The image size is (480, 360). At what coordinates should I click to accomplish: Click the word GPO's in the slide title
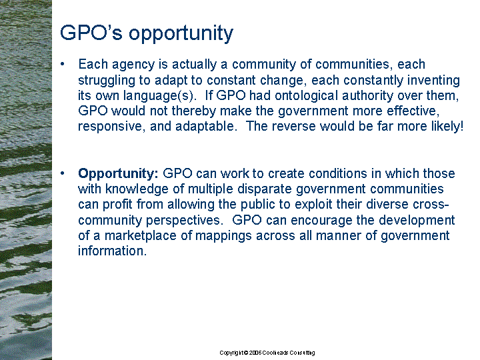click(x=91, y=33)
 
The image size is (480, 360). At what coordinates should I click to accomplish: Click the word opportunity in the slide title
click(x=181, y=34)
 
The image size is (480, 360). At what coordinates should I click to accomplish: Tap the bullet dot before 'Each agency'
click(x=63, y=64)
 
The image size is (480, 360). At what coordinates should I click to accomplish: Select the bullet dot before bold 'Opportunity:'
click(x=63, y=173)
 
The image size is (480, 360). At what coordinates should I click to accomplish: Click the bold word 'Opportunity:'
click(x=118, y=174)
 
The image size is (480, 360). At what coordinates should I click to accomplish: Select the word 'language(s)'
click(x=159, y=96)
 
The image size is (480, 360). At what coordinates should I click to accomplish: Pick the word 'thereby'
click(x=194, y=111)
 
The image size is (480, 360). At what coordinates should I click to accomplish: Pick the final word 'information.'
click(x=113, y=251)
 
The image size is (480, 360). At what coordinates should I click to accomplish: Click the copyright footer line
click(x=267, y=353)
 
